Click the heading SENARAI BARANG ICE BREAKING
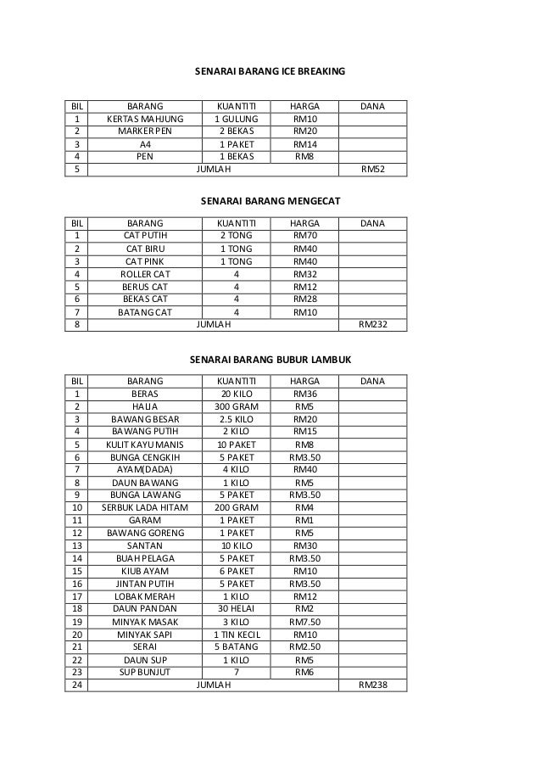[270, 72]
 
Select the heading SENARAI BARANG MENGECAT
[270, 202]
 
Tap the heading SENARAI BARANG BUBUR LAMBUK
[270, 360]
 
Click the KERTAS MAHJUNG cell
[145, 120]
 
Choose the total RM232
[372, 323]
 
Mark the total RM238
[372, 685]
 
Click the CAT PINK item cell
[145, 261]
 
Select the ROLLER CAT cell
[145, 274]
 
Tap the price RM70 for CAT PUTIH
[305, 235]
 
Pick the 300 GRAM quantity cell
[236, 406]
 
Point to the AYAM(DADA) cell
[145, 468]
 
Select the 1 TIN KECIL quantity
[236, 634]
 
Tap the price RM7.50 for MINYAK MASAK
[305, 621]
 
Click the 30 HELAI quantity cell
[236, 608]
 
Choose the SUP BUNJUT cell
[145, 672]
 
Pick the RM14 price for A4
[305, 145]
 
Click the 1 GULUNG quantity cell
[236, 120]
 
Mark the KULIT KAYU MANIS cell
[145, 444]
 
